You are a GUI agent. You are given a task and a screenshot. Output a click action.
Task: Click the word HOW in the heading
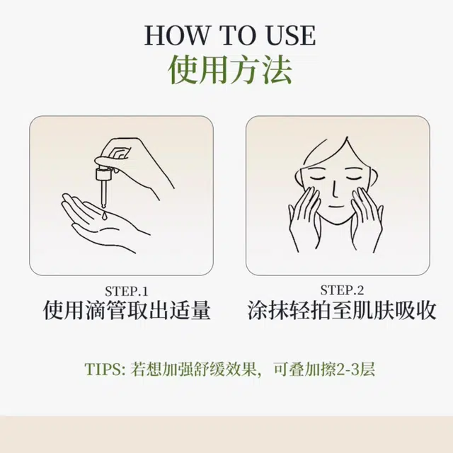coord(177,35)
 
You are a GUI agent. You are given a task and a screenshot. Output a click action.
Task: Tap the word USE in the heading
coord(291,35)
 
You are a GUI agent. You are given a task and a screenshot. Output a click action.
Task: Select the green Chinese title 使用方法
coord(229,69)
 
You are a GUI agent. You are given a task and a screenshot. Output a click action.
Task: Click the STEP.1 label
coord(127,291)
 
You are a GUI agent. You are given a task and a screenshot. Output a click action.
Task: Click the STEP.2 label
coord(342,290)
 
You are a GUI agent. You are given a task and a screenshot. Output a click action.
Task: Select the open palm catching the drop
coord(104,222)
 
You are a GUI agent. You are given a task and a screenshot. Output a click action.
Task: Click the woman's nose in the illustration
coord(335,189)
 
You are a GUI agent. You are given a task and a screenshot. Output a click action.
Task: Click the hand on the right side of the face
coord(367,219)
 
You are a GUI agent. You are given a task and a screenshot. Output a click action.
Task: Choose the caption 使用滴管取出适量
coord(127,310)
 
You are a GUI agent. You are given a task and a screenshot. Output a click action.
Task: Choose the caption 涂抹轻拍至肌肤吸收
coord(342,310)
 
